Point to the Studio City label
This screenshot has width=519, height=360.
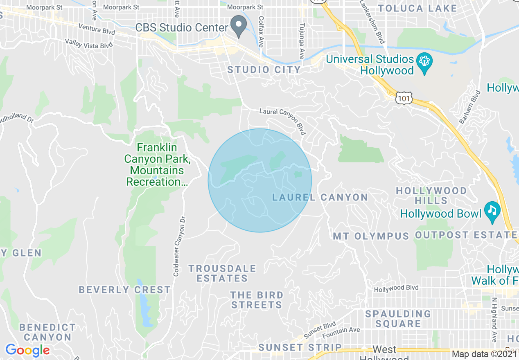click(x=264, y=70)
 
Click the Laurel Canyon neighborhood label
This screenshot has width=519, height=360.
click(x=320, y=198)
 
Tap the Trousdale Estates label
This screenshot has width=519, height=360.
click(x=222, y=273)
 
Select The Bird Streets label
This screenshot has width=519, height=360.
click(x=257, y=300)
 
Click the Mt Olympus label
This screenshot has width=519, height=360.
click(x=371, y=236)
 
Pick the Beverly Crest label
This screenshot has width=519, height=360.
click(x=125, y=290)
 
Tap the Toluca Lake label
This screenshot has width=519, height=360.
click(x=417, y=8)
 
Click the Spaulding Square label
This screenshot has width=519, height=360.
click(x=398, y=319)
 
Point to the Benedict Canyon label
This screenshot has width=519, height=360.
click(x=47, y=332)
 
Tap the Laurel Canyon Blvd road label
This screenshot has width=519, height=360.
click(x=283, y=121)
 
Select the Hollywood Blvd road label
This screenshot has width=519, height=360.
click(x=396, y=288)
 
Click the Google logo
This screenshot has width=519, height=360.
click(x=27, y=351)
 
